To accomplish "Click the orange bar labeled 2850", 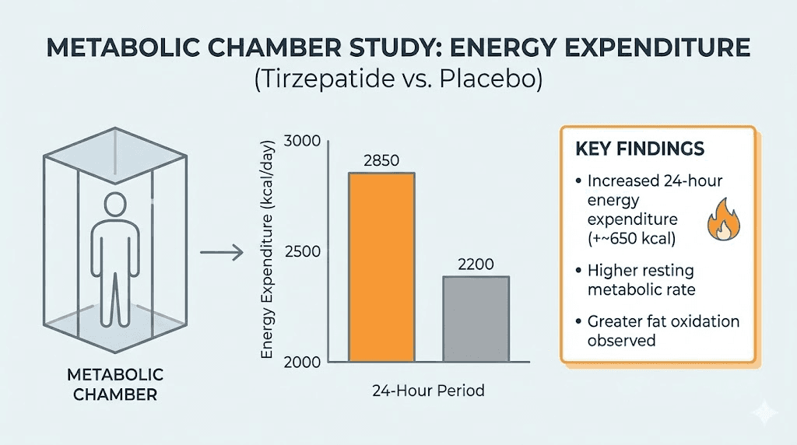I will coord(381,267).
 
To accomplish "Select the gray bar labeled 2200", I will coord(476,319).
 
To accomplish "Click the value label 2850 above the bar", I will coord(381,161).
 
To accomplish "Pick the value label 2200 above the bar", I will coord(476,265).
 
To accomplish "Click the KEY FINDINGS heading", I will coord(640,149).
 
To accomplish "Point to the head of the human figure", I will coord(114,205).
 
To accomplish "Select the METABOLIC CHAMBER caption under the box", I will coord(115,385).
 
